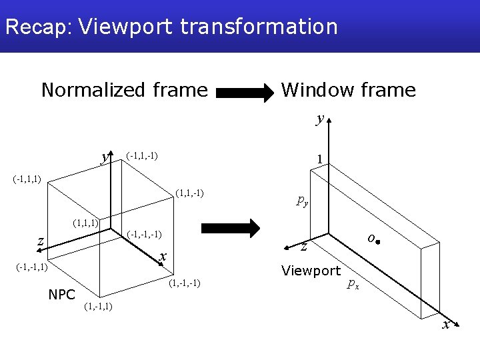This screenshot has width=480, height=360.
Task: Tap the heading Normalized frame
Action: pyautogui.click(x=125, y=89)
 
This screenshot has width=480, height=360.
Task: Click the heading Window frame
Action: pyautogui.click(x=348, y=89)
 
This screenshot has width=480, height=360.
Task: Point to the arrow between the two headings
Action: pyautogui.click(x=245, y=92)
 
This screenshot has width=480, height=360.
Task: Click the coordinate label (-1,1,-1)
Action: pyautogui.click(x=142, y=156)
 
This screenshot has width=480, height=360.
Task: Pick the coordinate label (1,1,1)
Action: pyautogui.click(x=86, y=222)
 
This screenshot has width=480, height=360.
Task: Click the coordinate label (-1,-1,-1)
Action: pyautogui.click(x=145, y=235)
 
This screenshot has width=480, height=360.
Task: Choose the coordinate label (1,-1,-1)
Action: pyautogui.click(x=185, y=285)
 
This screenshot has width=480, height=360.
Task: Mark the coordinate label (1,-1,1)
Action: pyautogui.click(x=98, y=307)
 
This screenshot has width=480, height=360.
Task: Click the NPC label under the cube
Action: pyautogui.click(x=61, y=294)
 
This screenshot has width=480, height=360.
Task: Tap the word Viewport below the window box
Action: pyautogui.click(x=311, y=271)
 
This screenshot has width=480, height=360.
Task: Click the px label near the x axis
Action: pyautogui.click(x=353, y=285)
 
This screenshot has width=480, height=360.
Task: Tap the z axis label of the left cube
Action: pyautogui.click(x=41, y=241)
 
